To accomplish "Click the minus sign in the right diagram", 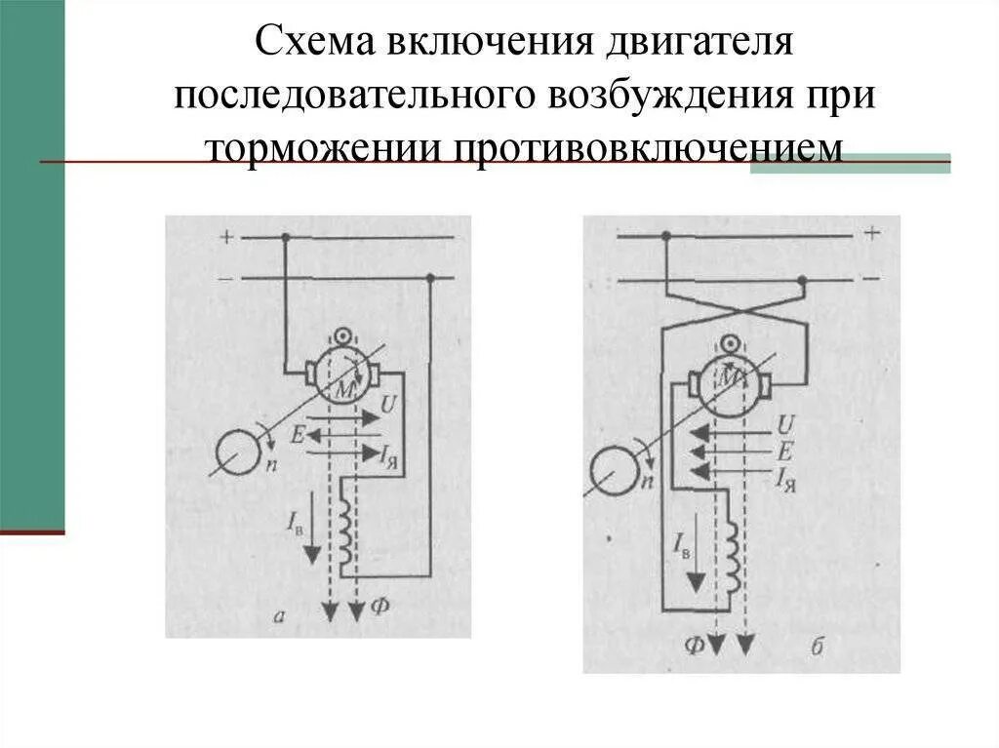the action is coord(870,279).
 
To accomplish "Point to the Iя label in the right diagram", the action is coord(785,477).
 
